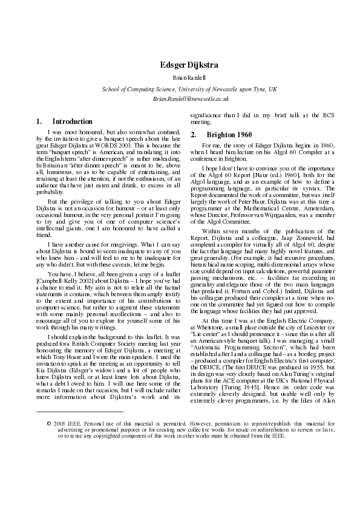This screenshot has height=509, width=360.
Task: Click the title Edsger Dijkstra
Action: point(189,65)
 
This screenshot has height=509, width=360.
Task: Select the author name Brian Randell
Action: point(189,78)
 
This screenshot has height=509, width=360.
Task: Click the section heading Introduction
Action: point(72,122)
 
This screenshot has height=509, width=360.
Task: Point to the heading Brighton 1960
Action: point(228,134)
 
